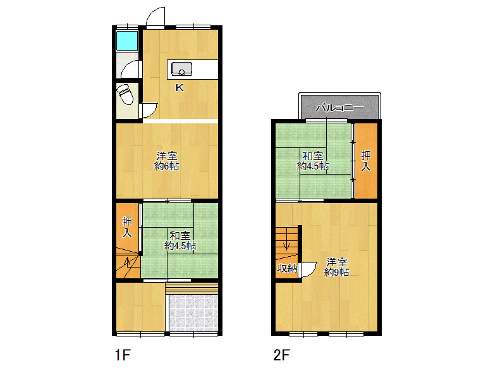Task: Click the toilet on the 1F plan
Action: [x=125, y=94]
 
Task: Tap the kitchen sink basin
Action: [x=181, y=69]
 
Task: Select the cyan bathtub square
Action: [x=127, y=40]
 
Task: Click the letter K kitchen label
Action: [x=180, y=87]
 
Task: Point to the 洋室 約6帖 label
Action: [x=167, y=161]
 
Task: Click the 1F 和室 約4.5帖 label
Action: [x=180, y=240]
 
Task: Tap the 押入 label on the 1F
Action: [x=127, y=227]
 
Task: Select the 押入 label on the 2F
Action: [x=366, y=161]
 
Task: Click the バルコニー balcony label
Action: [x=339, y=108]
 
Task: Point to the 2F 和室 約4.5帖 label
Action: [x=313, y=161]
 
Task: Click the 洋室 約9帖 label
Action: [x=336, y=267]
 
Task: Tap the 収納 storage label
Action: [x=287, y=268]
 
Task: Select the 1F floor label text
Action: [x=123, y=355]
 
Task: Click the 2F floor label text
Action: [x=281, y=355]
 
